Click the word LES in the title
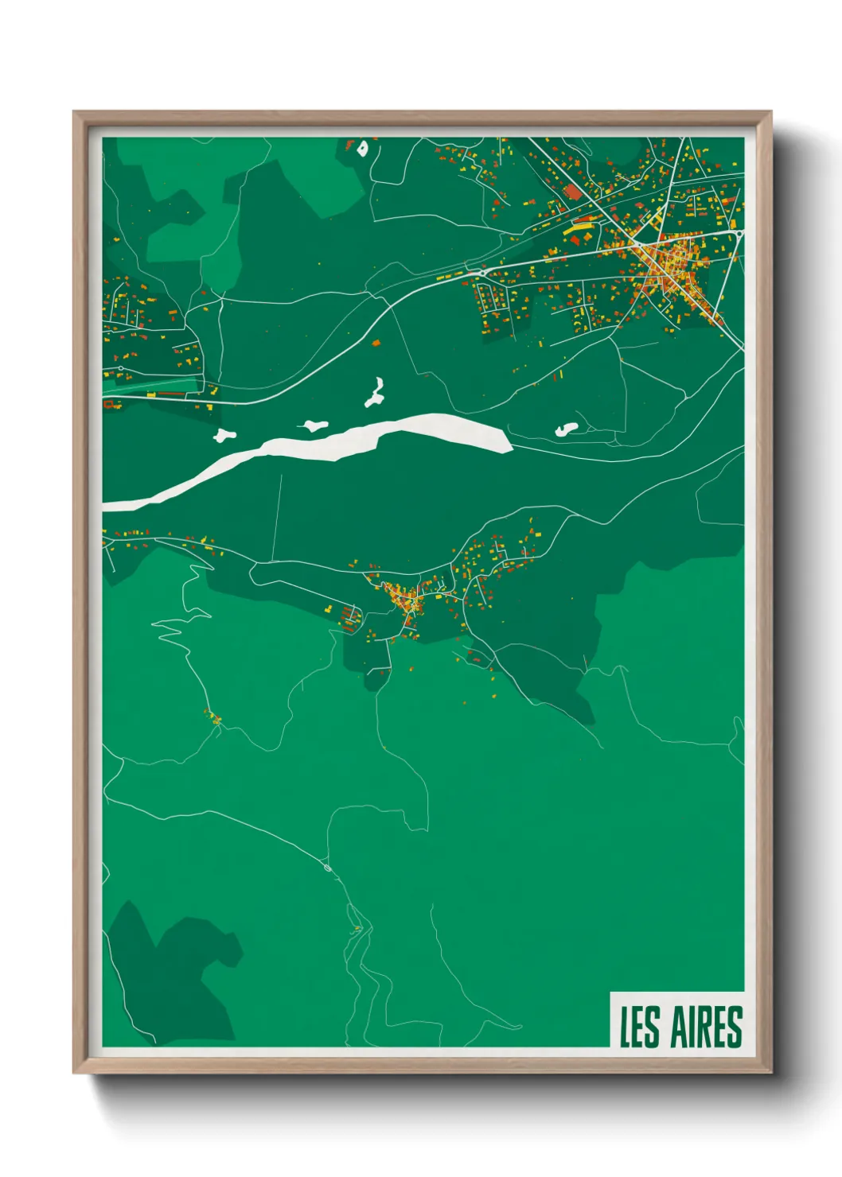(x=640, y=1027)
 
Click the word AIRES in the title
(x=707, y=1027)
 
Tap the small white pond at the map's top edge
(x=363, y=148)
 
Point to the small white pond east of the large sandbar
(x=566, y=429)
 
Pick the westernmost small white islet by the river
(x=224, y=435)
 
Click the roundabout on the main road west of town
(x=480, y=273)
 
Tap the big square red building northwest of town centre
(x=573, y=192)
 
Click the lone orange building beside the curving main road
(x=376, y=343)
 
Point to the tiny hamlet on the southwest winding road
(x=213, y=718)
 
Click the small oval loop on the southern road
(x=327, y=868)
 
